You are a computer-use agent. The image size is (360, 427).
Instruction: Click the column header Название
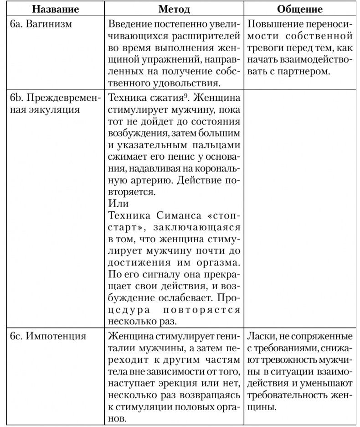pos(54,9)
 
